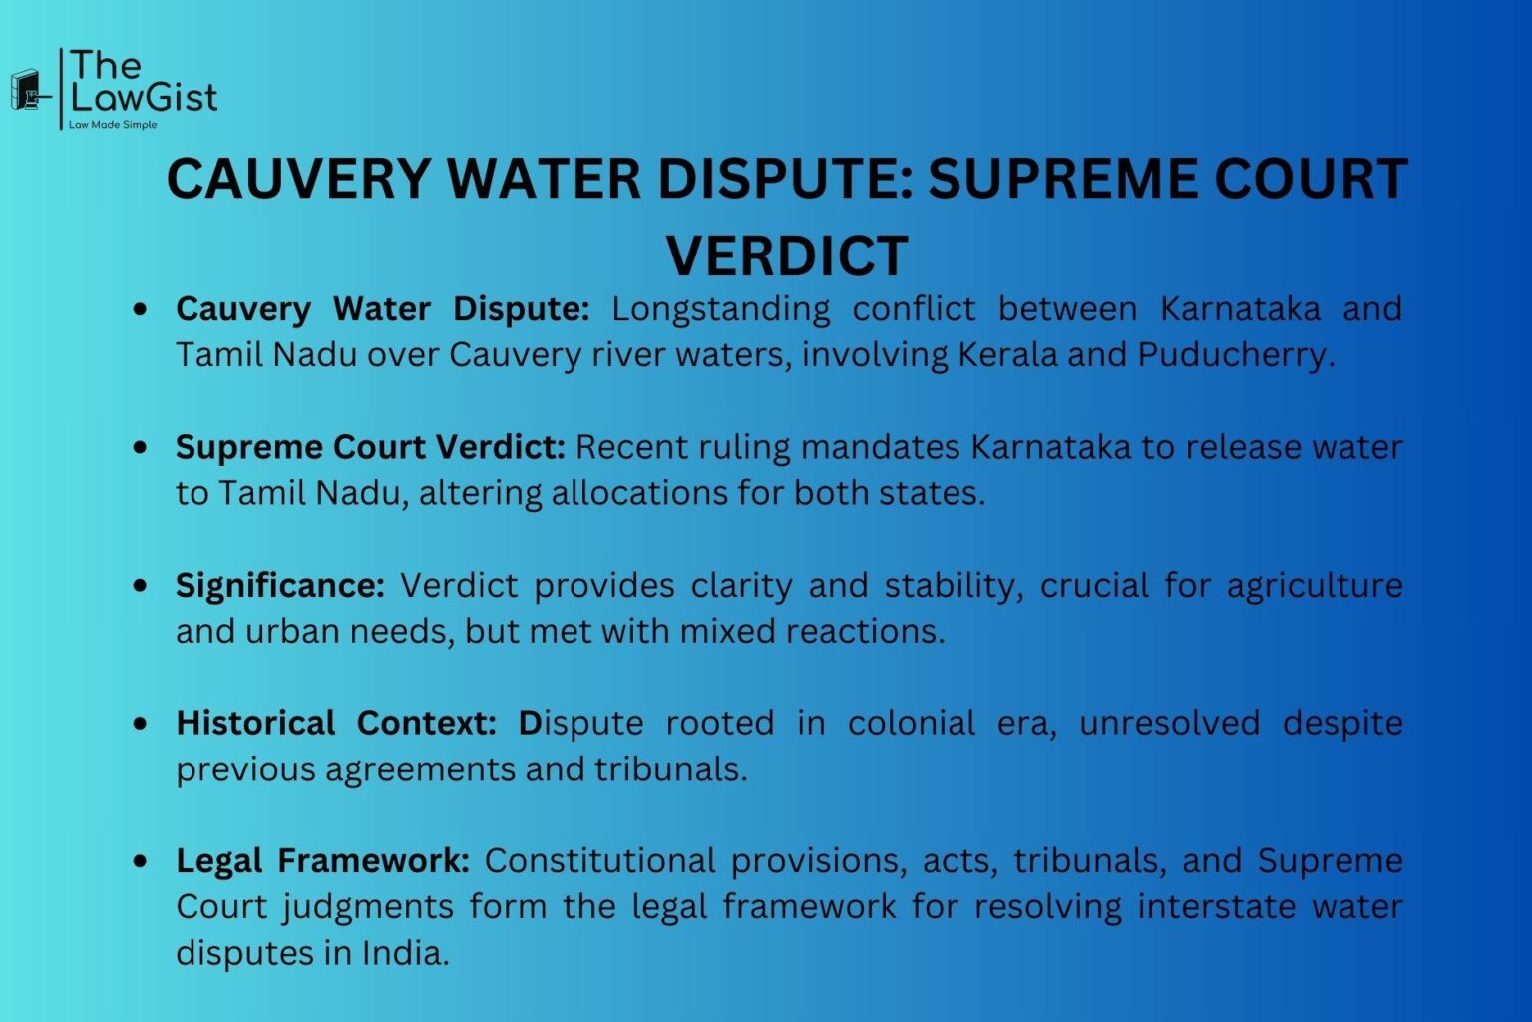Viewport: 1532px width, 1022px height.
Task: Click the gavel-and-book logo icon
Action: click(x=30, y=91)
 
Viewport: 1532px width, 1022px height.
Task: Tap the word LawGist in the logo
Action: click(x=144, y=98)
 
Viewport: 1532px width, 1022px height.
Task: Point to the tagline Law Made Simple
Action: click(x=113, y=125)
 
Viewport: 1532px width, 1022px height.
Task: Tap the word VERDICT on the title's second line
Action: click(x=787, y=255)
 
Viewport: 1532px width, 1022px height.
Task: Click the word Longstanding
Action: click(x=720, y=309)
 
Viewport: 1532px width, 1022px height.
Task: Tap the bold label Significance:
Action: click(x=279, y=586)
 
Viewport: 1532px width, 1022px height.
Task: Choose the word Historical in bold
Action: click(x=255, y=723)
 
